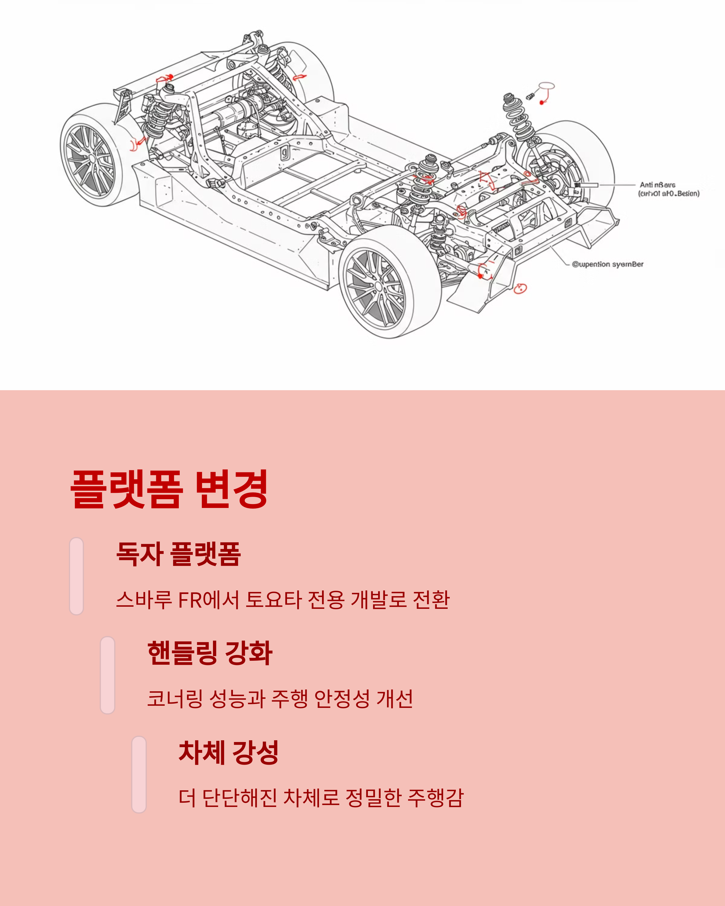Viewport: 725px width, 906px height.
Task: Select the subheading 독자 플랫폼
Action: pos(178,554)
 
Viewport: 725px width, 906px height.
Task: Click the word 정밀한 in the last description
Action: pos(373,798)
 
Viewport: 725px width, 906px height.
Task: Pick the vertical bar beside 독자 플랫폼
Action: pos(76,576)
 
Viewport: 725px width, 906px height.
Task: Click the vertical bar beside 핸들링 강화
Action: pos(108,675)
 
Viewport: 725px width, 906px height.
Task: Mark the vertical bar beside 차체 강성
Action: pos(139,774)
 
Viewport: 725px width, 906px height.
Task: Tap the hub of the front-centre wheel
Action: pos(378,287)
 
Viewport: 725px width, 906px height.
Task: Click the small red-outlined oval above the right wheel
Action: pos(546,86)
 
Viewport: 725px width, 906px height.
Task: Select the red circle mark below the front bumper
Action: pos(520,288)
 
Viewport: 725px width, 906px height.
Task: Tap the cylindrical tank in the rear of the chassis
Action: pos(229,111)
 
